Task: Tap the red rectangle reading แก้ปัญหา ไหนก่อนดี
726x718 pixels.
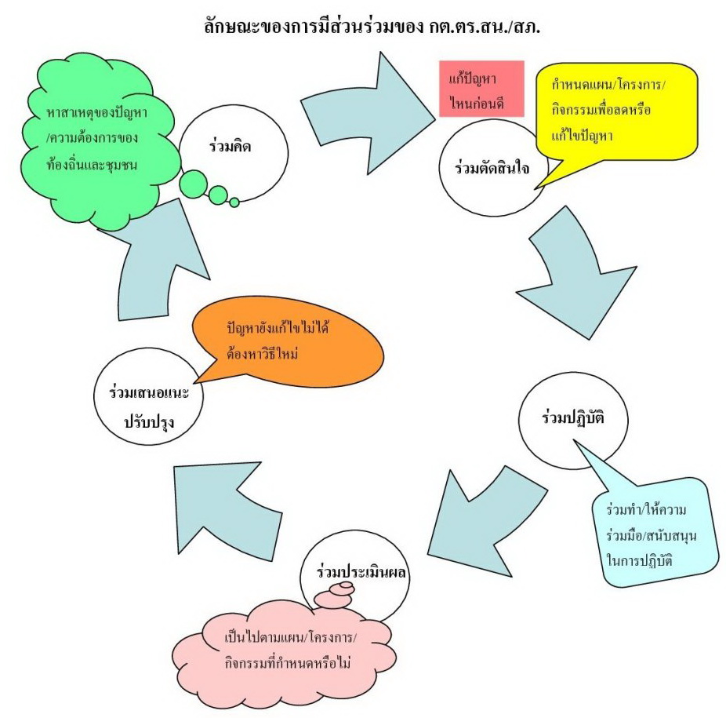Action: click(481, 89)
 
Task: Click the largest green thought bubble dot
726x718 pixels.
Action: click(192, 185)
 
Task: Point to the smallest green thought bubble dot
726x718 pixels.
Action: click(234, 202)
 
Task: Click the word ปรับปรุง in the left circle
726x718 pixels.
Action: click(148, 421)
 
